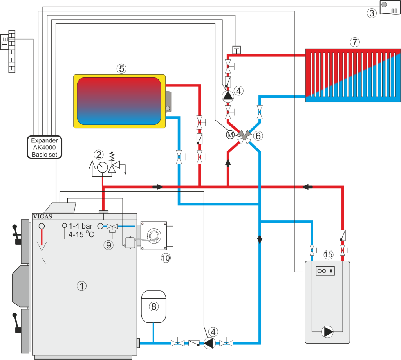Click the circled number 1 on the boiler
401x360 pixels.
pyautogui.click(x=81, y=286)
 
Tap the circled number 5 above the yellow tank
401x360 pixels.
pyautogui.click(x=121, y=68)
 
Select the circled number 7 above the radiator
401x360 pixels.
pyautogui.click(x=354, y=42)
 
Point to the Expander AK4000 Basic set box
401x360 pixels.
pyautogui.click(x=45, y=147)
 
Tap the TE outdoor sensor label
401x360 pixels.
pyautogui.click(x=5, y=42)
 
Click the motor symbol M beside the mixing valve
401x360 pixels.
pyautogui.click(x=230, y=135)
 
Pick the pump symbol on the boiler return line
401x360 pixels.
pyautogui.click(x=210, y=343)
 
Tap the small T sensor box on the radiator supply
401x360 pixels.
pyautogui.click(x=236, y=50)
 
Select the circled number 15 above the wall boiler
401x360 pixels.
pyautogui.click(x=328, y=255)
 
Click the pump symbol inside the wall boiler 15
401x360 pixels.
pyautogui.click(x=327, y=332)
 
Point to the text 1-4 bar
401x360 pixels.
pyautogui.click(x=81, y=226)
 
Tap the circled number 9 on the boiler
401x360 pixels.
pyautogui.click(x=108, y=245)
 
